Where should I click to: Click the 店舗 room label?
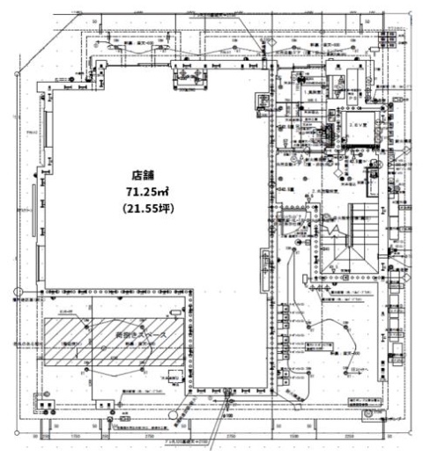point(143,176)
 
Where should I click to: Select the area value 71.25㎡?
point(143,193)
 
